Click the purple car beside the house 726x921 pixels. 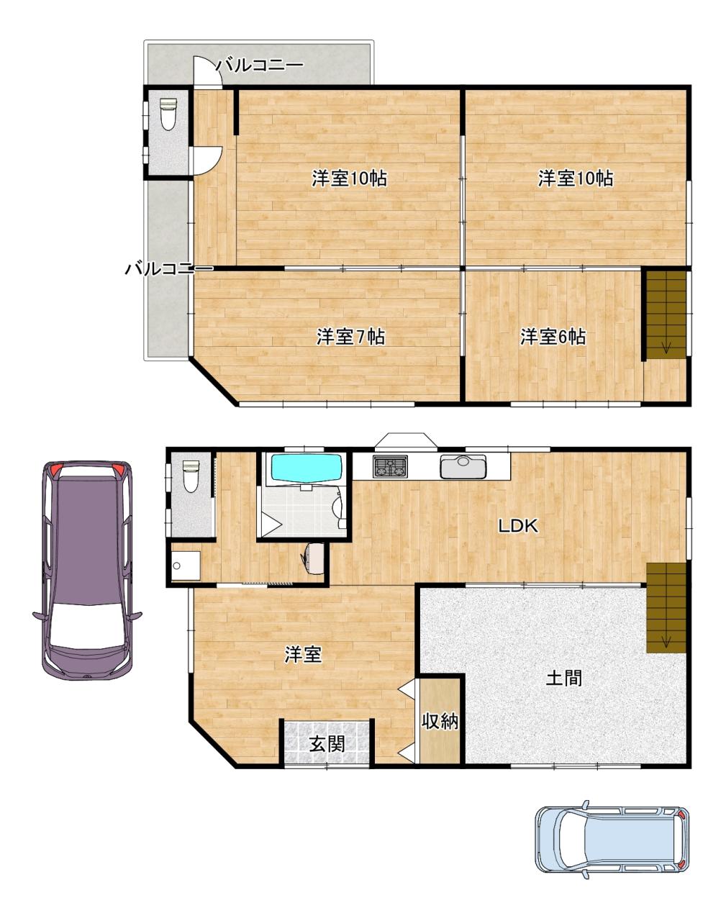click(87, 570)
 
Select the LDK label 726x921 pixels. click(518, 525)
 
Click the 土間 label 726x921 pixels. click(564, 678)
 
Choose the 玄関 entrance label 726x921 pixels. click(327, 744)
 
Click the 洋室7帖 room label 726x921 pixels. click(350, 337)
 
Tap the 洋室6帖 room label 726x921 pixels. click(553, 337)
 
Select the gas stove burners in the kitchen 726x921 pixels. click(390, 466)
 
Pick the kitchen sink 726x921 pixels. click(463, 466)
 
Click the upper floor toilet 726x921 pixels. click(168, 114)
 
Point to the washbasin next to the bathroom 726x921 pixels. click(313, 558)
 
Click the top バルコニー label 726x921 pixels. click(260, 65)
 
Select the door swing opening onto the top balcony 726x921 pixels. click(209, 72)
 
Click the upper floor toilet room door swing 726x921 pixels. click(208, 160)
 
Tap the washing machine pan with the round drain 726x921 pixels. click(186, 566)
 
